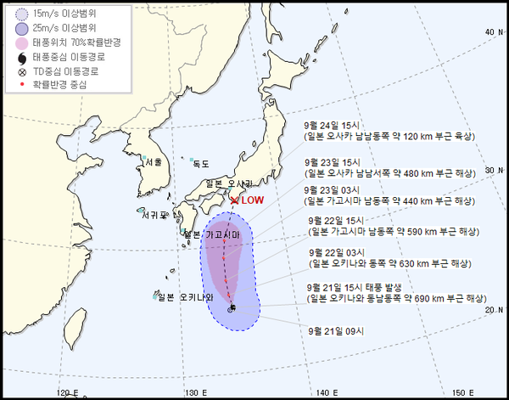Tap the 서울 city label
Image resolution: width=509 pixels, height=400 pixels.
coord(154,161)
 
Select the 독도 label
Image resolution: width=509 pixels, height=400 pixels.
coord(200,163)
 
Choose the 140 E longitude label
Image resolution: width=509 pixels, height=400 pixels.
coord(329,392)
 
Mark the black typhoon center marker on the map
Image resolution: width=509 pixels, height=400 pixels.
coord(232,307)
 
